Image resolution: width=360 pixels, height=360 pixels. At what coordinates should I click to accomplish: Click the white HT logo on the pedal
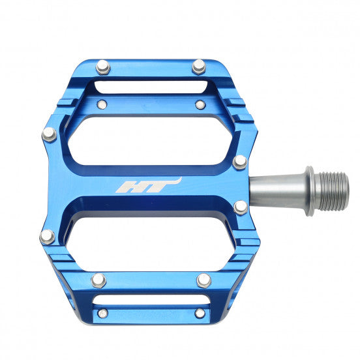coord(148,186)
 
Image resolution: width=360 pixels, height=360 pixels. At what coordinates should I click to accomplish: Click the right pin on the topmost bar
coord(199,66)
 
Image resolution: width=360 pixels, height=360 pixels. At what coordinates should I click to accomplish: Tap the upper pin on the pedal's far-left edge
coord(49,134)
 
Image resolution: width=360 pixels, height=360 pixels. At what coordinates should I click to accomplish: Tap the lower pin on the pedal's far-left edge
coord(48,236)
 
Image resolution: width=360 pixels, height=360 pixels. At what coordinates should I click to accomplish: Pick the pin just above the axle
coord(240,162)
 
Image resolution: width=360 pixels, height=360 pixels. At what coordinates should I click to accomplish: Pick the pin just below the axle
coord(241,207)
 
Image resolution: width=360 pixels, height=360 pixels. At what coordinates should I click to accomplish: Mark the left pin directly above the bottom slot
coord(98,280)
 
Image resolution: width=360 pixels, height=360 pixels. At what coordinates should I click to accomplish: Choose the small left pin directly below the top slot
coord(102,104)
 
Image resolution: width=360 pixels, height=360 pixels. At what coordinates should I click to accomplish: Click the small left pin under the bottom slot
coord(102,314)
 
